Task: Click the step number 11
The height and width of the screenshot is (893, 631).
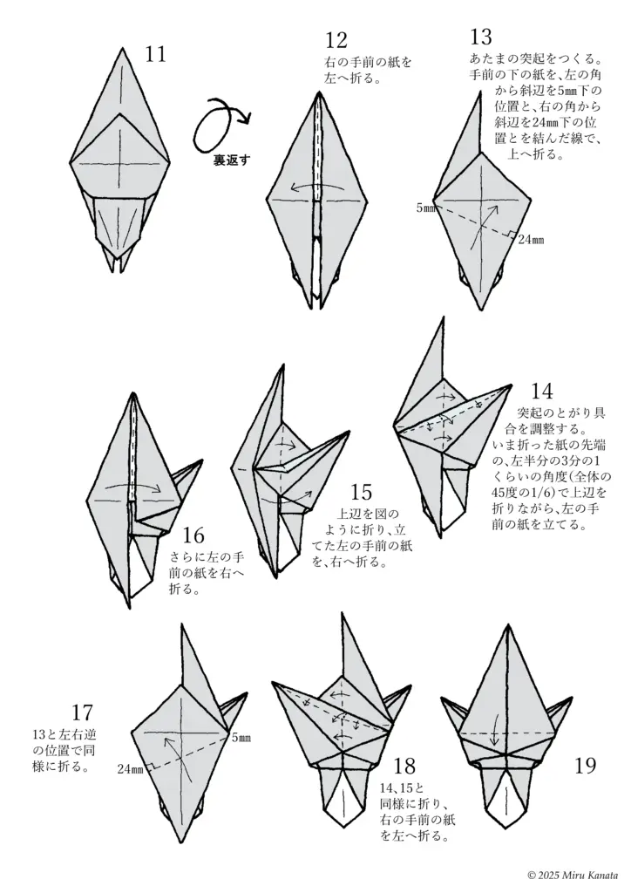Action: coord(156,55)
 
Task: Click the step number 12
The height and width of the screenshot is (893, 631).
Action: coord(336,40)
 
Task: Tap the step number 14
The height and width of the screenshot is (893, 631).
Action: coord(541,392)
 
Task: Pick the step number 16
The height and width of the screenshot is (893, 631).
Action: coord(194,535)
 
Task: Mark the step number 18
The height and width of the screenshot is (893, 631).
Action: coord(404,766)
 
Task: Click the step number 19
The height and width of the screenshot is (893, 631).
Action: coord(586,766)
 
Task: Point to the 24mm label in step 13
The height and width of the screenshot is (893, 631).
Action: coord(530,240)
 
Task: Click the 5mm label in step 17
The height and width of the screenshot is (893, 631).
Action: coord(241,738)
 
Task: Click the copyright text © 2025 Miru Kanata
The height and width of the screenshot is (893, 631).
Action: coord(573,874)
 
